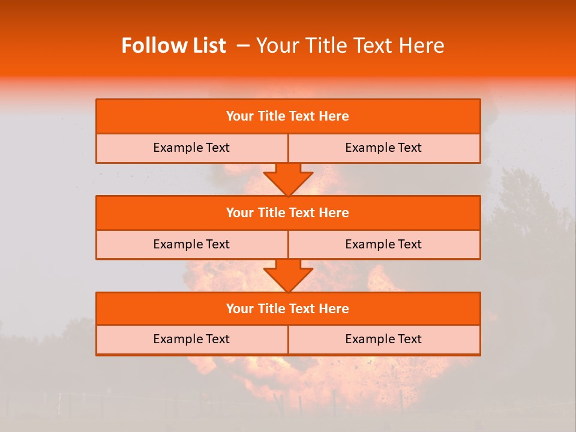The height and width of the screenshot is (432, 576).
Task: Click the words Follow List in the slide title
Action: tap(173, 46)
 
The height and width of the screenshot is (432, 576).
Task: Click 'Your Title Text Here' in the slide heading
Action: tap(350, 46)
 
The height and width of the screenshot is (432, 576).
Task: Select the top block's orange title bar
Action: tap(288, 116)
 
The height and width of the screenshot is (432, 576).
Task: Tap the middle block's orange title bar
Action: tap(288, 212)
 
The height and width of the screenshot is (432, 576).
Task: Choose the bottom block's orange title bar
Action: tap(288, 308)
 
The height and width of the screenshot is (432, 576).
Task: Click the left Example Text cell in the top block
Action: tap(192, 148)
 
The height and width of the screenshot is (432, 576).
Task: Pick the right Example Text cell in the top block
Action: tap(384, 148)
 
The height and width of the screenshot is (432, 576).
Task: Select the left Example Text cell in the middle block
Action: tap(192, 244)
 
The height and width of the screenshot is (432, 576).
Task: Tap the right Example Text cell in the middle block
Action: tap(384, 244)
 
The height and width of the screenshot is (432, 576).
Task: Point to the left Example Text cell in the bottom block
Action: tap(192, 339)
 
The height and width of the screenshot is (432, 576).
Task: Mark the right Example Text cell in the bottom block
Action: tap(384, 339)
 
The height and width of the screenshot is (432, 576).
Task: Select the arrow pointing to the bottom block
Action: tap(288, 275)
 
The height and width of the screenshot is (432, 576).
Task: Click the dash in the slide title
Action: tap(243, 46)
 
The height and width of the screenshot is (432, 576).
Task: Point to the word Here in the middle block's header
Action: tap(334, 212)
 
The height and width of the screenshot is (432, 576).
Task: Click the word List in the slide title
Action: tap(208, 46)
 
